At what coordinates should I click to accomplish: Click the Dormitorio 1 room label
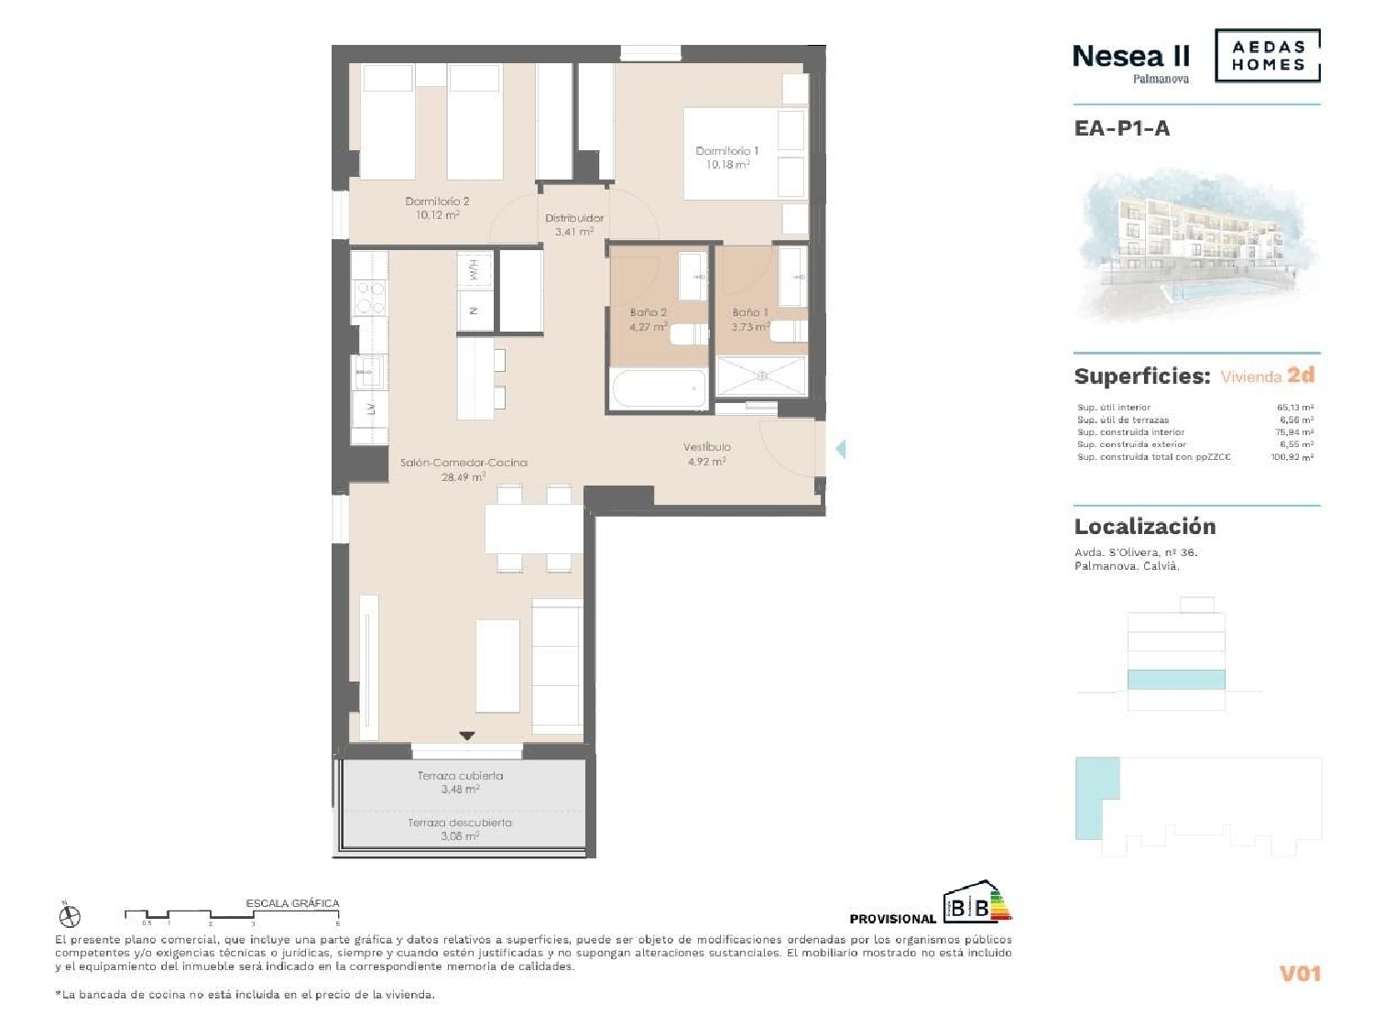click(x=726, y=151)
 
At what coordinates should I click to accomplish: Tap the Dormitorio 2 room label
click(x=437, y=202)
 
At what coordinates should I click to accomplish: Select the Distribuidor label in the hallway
click(x=574, y=219)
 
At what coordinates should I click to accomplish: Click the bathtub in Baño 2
click(x=659, y=389)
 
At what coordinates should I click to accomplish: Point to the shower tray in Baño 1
click(x=760, y=377)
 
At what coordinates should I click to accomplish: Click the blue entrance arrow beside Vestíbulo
click(x=840, y=449)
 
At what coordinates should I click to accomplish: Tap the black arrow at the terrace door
click(x=467, y=736)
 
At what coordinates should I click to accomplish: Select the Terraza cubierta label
click(x=460, y=776)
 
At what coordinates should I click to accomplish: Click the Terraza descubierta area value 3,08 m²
click(x=460, y=835)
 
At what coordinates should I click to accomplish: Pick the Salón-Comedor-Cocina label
click(x=463, y=464)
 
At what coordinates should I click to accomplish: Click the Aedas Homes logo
click(x=1268, y=56)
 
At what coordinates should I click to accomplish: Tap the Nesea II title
click(x=1130, y=57)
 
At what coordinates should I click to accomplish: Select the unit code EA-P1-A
click(x=1122, y=128)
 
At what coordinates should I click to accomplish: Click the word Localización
click(x=1145, y=527)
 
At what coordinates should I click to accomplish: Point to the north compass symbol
click(x=70, y=916)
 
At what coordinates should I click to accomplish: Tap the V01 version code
click(x=1300, y=974)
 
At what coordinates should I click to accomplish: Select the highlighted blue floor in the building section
click(x=1176, y=679)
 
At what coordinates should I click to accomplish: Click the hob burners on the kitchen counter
click(x=370, y=297)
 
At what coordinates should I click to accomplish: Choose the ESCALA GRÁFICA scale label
click(x=292, y=903)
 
